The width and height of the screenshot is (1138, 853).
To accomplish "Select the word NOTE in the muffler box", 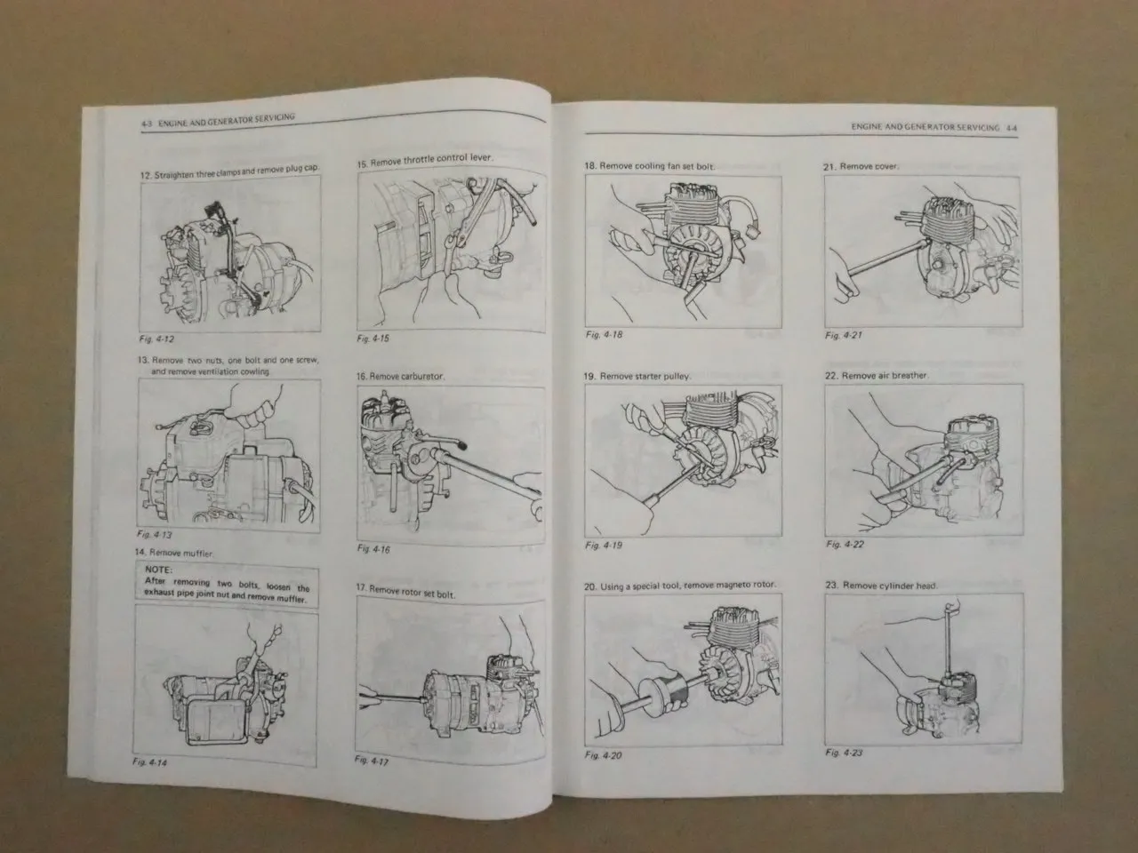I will (157, 570).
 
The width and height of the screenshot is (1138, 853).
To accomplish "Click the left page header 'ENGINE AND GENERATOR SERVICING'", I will (226, 118).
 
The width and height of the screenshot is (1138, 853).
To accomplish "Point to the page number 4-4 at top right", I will (1012, 128).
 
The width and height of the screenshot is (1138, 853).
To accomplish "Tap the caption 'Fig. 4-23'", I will (844, 753).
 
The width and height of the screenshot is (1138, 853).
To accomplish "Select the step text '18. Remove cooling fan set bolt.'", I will (649, 166).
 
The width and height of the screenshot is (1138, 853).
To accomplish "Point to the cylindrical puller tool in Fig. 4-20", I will (662, 689).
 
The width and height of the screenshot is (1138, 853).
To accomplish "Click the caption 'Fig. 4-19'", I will (604, 545).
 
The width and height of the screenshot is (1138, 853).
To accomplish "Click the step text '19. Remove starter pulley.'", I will (637, 377).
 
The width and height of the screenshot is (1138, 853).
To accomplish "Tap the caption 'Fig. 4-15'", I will (373, 339).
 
